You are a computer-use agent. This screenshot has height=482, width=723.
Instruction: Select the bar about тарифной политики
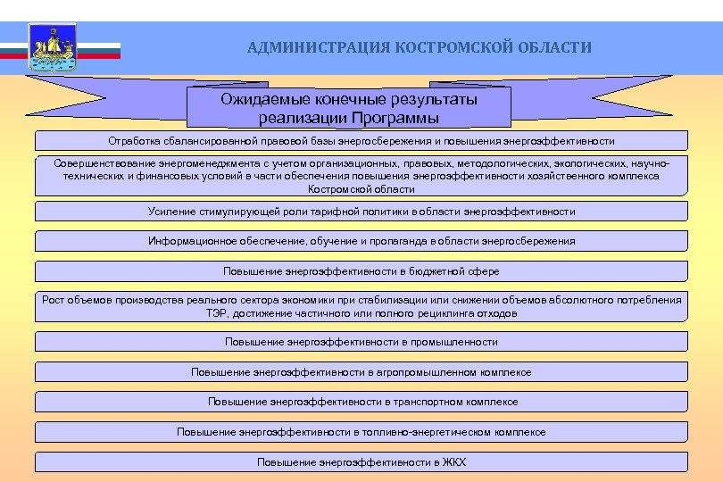[x=361, y=212]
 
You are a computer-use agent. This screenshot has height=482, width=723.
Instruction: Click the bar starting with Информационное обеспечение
[x=361, y=241]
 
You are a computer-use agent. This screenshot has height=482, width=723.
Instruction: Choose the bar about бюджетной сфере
[x=361, y=270]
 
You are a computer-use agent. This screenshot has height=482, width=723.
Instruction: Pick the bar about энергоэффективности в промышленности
[x=361, y=342]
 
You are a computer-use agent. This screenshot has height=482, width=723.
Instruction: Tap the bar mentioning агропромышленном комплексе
[x=361, y=372]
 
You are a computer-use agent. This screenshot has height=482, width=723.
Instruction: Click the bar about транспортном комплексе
[x=361, y=402]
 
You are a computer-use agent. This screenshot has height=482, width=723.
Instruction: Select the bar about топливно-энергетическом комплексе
[x=361, y=432]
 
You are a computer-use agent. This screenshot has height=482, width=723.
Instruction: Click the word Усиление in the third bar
[x=170, y=212]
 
